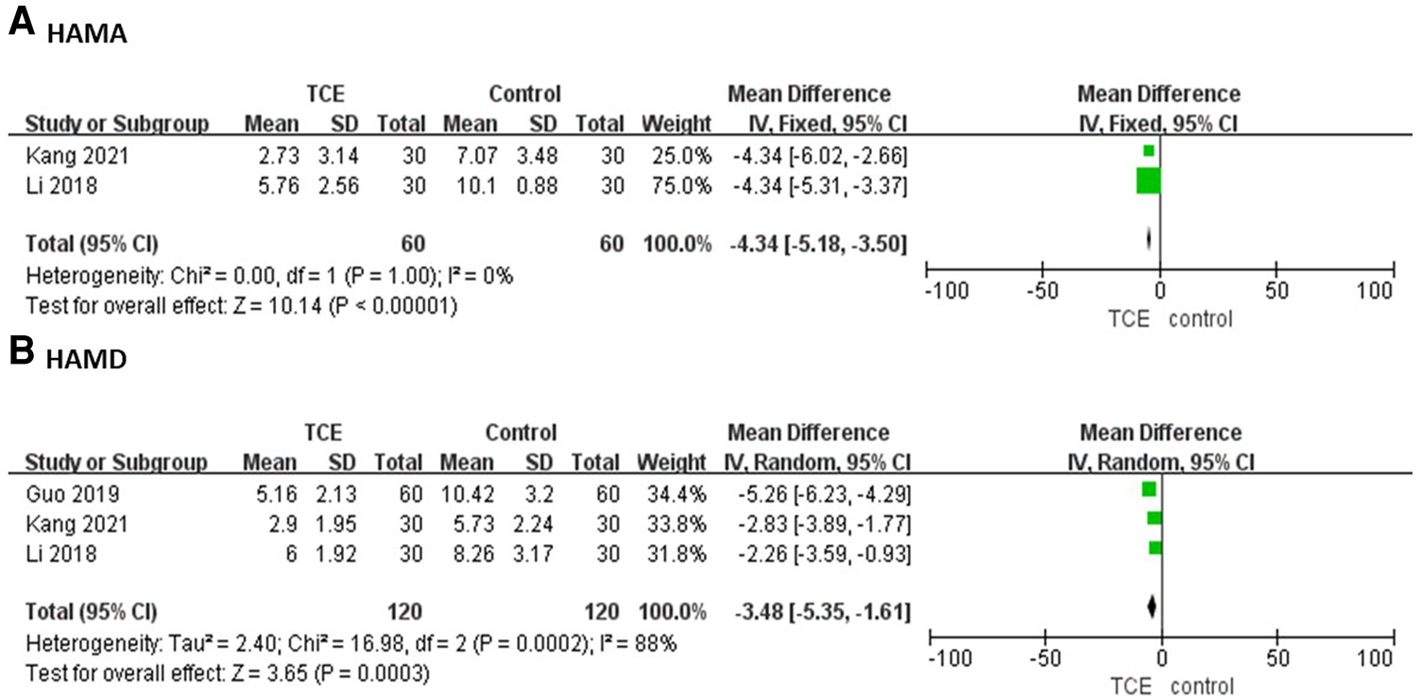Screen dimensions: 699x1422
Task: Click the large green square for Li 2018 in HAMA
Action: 1148,179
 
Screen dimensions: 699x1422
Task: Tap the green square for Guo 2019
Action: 1149,489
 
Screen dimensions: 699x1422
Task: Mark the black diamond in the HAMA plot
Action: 1149,240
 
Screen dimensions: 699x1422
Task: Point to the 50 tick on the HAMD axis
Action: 1277,657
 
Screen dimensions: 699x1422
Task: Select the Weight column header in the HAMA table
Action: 677,124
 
